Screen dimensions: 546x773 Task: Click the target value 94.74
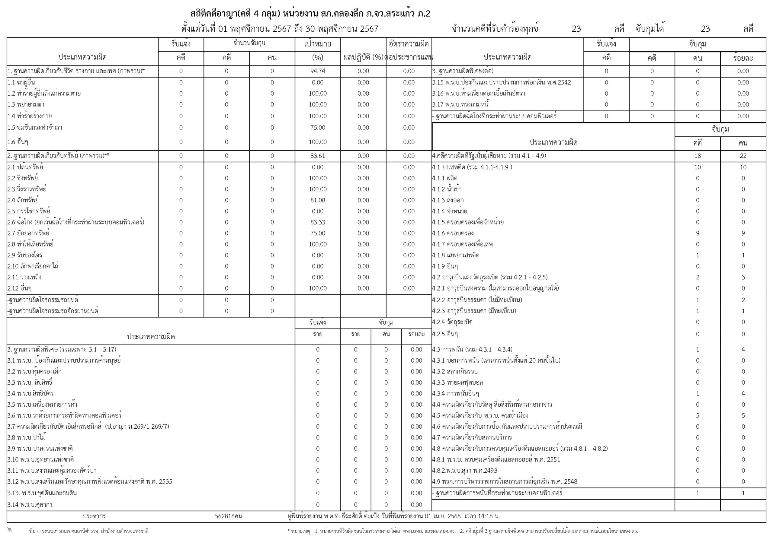click(317, 71)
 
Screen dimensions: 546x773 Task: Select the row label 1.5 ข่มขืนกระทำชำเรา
click(35, 128)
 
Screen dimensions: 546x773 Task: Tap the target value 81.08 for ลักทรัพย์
click(317, 200)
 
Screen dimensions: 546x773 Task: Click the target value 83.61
click(317, 156)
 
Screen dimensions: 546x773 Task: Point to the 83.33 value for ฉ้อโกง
click(317, 222)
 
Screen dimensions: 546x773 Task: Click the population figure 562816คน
click(228, 516)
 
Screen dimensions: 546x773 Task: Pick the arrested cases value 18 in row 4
click(697, 156)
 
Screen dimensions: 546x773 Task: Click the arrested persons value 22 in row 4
click(743, 156)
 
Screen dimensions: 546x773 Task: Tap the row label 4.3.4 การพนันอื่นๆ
click(456, 393)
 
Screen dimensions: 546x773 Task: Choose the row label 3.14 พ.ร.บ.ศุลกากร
click(30, 504)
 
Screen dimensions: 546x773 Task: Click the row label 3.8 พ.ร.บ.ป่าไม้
click(27, 437)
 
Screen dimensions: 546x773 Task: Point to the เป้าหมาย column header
click(317, 44)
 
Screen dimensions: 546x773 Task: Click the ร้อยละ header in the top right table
click(743, 58)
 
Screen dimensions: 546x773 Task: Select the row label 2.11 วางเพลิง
click(24, 277)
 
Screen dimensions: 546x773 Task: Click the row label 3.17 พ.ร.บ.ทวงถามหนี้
click(460, 104)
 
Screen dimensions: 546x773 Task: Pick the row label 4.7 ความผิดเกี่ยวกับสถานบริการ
click(472, 437)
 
